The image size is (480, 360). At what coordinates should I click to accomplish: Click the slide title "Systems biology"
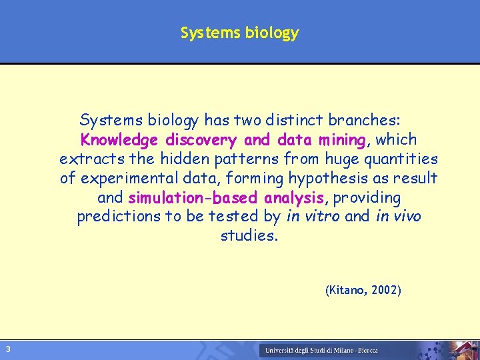239,33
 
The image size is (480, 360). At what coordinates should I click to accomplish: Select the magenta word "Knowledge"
119,140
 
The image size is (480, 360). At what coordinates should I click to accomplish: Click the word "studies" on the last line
247,236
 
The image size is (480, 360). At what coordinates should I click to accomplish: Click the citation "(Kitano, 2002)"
363,291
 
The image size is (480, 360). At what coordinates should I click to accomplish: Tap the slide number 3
7,349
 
